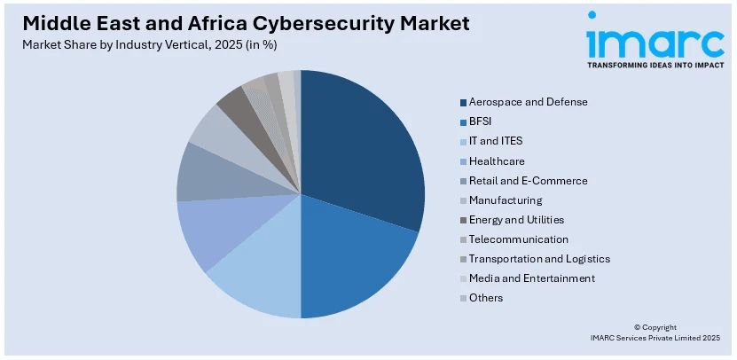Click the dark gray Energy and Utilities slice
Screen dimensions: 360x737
point(233,104)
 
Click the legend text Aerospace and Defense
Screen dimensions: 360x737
point(528,102)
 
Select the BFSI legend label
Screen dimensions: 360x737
point(482,121)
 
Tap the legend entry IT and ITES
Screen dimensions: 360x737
point(496,141)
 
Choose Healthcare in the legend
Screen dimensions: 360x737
point(497,160)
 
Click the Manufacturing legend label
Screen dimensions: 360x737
point(506,200)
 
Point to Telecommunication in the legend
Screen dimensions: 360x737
point(519,239)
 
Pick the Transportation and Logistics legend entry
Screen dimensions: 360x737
point(539,259)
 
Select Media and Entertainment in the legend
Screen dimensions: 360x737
point(532,278)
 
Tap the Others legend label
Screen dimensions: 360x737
point(486,298)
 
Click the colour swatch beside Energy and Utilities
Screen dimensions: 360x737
point(463,220)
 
